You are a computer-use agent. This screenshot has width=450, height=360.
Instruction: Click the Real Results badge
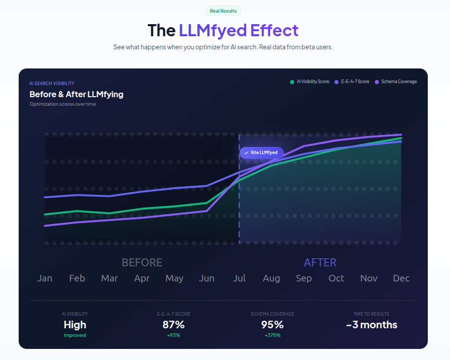coord(223,11)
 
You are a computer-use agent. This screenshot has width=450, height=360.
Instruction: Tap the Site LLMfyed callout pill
coord(261,152)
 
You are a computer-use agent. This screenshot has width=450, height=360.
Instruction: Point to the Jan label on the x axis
coord(44,278)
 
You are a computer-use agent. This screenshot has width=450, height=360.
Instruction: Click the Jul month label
coord(239,278)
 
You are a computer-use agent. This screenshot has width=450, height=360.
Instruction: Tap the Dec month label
coord(401,278)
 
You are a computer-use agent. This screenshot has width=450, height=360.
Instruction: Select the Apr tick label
coord(142,278)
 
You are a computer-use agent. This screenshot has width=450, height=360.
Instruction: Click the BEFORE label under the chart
coord(142,263)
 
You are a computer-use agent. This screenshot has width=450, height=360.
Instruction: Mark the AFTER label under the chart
coord(320,263)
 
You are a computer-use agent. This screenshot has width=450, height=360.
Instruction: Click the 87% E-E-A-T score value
coord(174,325)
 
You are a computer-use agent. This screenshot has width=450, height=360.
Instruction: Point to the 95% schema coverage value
coord(272,325)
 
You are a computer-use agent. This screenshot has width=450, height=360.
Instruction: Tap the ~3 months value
coord(372,325)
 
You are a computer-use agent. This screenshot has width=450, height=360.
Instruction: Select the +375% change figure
coord(272,335)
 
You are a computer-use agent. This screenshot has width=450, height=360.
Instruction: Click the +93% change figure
coord(174,335)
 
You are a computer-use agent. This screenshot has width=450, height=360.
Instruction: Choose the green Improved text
coord(75,335)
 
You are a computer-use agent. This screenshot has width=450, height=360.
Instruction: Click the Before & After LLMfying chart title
coord(76,94)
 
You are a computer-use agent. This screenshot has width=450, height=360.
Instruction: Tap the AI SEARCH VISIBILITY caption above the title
coord(52,84)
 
